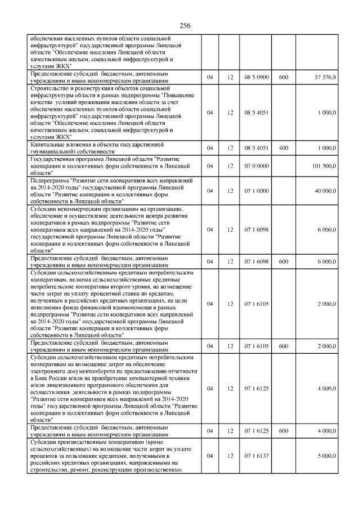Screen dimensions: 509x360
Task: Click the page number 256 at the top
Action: tap(186, 26)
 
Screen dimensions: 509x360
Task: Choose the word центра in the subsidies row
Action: tap(146, 216)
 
